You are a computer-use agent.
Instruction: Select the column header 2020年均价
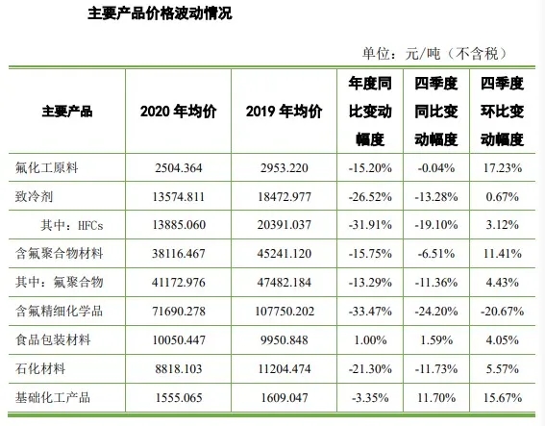pos(178,111)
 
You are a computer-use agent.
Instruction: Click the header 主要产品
pos(67,111)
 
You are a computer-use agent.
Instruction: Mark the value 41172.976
pos(178,283)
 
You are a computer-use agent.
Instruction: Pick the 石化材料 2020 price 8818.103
pos(178,370)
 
